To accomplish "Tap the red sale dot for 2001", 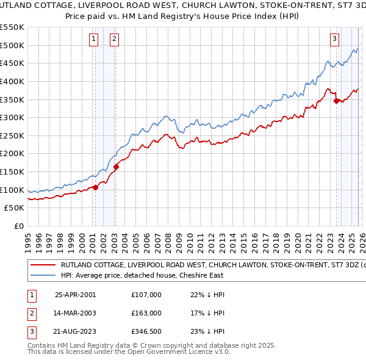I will coord(95,187).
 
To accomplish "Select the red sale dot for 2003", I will coord(116,167).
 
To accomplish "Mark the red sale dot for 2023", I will coord(336,101).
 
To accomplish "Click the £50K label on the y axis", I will coord(14,208).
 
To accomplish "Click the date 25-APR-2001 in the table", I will coord(75,295).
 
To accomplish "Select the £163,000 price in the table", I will coord(146,313).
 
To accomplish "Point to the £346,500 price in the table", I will coord(146,332).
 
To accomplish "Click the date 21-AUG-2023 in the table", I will coord(75,332).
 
